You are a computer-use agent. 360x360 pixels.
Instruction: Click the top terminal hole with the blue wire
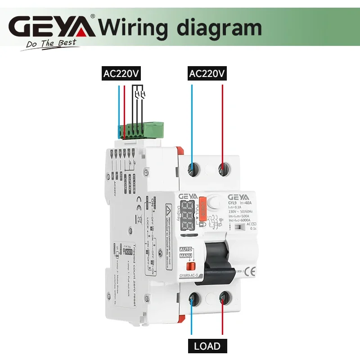193,169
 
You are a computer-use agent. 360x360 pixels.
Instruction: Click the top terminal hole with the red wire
222,169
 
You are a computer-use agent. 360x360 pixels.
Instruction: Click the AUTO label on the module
186,249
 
